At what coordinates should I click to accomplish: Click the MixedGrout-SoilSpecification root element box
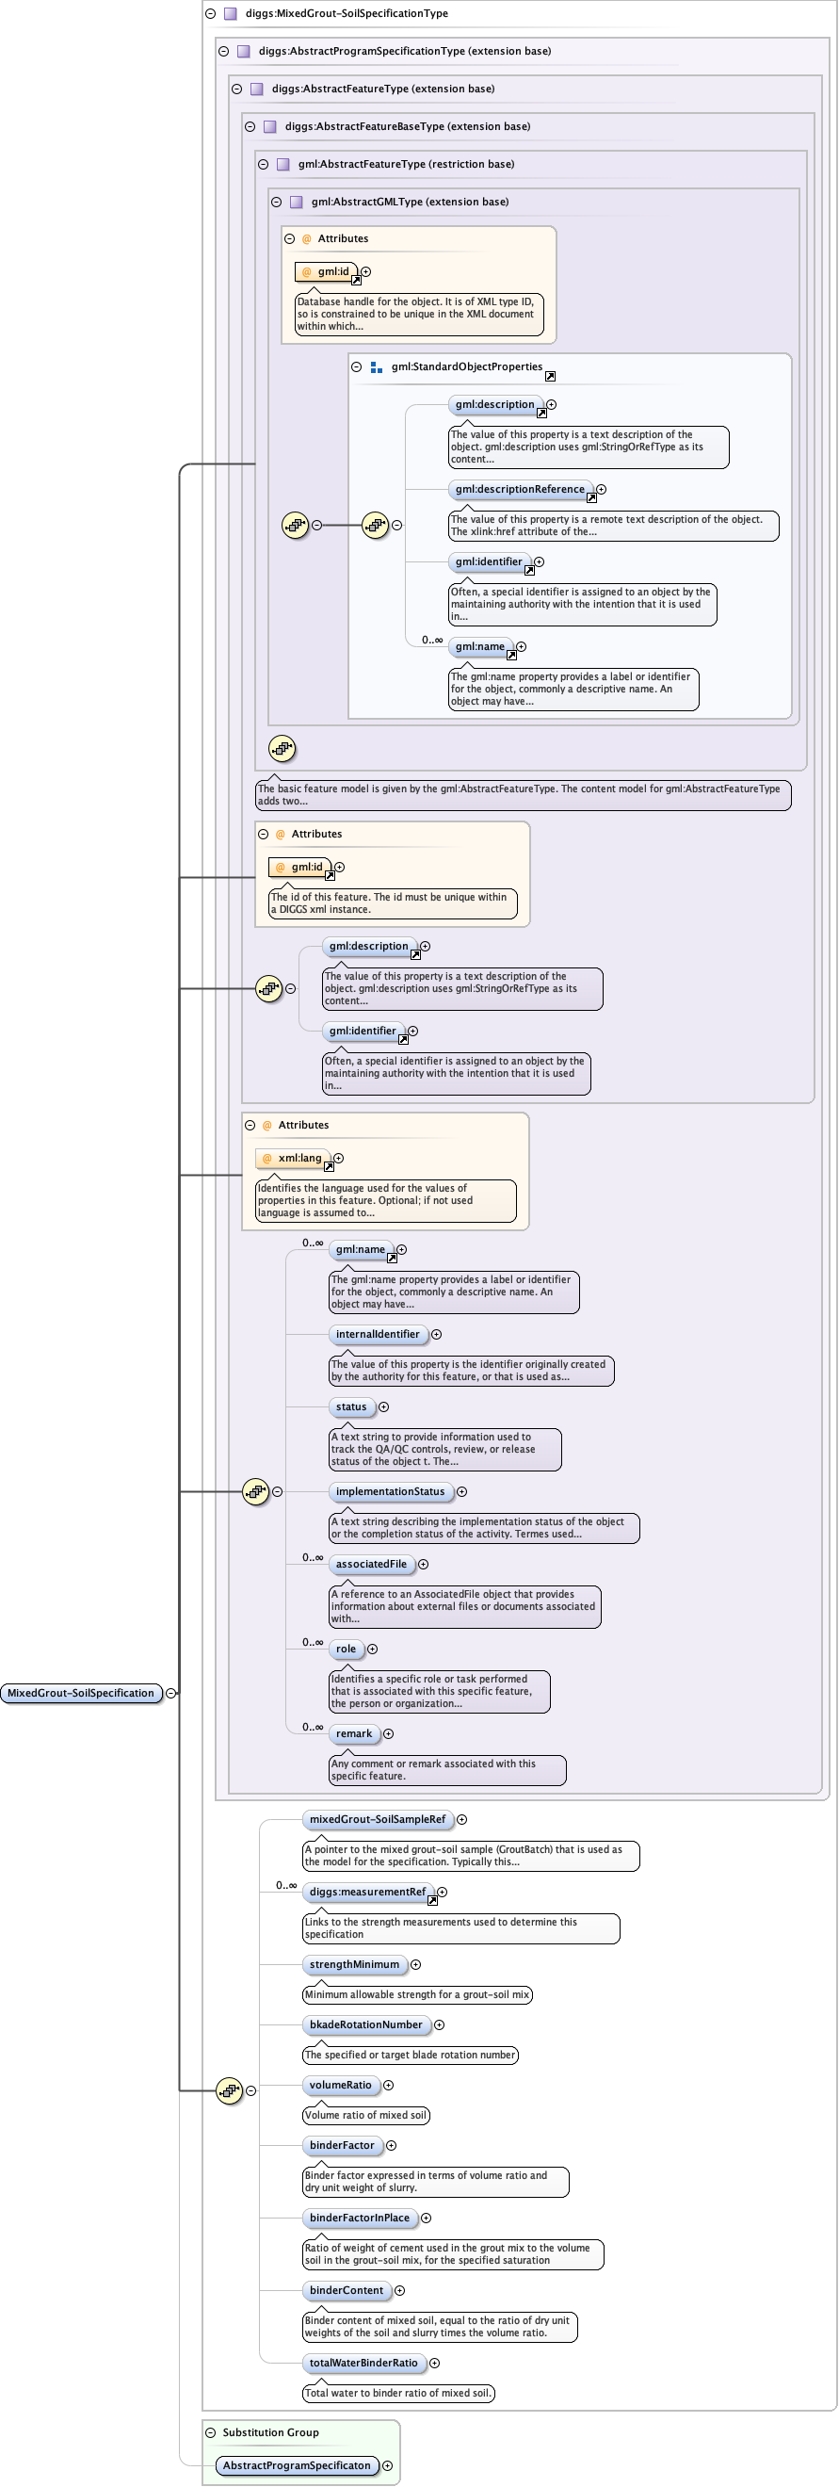(x=81, y=1693)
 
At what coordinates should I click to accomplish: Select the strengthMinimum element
(x=353, y=1964)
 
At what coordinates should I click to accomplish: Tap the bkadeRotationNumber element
(x=365, y=2024)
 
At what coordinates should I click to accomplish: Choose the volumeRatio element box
(x=340, y=2085)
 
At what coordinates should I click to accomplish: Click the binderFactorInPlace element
(x=359, y=2218)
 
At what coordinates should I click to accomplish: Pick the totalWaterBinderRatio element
(x=363, y=2363)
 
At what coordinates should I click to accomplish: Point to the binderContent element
(x=346, y=2290)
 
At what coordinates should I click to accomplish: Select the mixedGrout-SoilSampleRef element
(x=377, y=1819)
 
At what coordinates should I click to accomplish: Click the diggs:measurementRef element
(x=367, y=1892)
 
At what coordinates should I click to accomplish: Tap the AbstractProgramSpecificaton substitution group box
(x=296, y=2464)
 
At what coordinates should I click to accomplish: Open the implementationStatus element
(x=390, y=1491)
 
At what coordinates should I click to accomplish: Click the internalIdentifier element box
(x=378, y=1334)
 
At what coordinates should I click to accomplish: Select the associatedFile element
(x=371, y=1564)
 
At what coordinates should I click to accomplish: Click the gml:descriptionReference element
(x=520, y=490)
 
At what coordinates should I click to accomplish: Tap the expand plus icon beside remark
(x=388, y=1734)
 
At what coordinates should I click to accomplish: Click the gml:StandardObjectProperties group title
(x=466, y=366)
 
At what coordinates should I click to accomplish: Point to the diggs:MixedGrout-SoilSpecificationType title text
(x=346, y=13)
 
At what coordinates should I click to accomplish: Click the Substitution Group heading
(x=270, y=2432)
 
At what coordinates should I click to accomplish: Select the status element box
(x=350, y=1406)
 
